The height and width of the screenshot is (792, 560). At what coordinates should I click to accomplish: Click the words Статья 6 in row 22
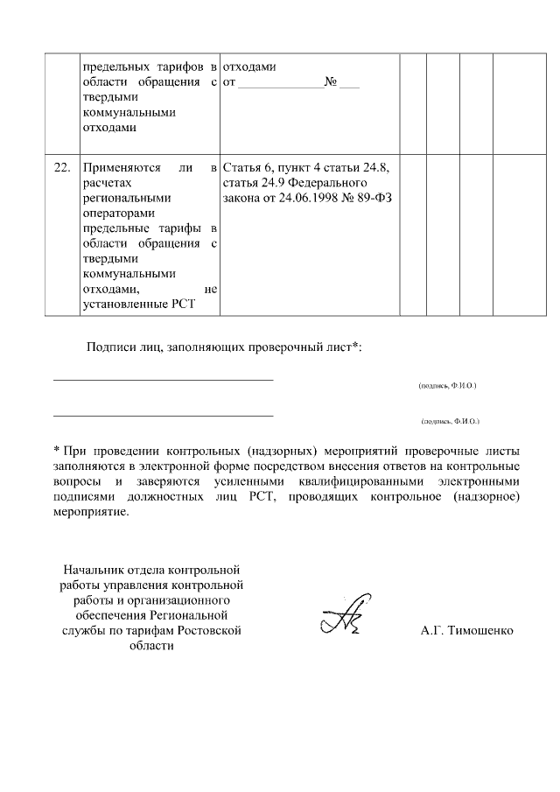247,168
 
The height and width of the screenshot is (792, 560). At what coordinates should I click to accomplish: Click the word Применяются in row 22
116,168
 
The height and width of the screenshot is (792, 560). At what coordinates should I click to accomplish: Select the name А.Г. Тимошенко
467,630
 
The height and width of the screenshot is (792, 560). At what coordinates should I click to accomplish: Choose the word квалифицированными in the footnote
356,481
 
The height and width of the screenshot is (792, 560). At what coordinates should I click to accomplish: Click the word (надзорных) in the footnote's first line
264,451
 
